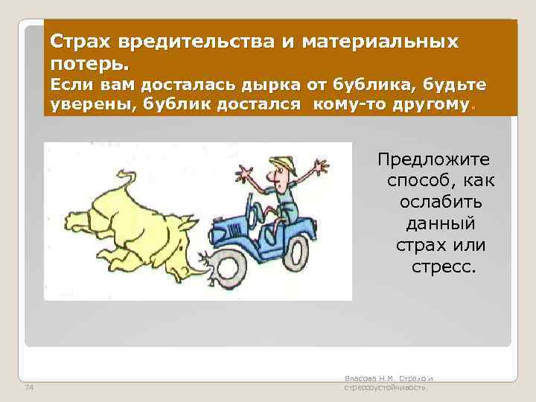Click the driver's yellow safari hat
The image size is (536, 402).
click(x=280, y=163)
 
